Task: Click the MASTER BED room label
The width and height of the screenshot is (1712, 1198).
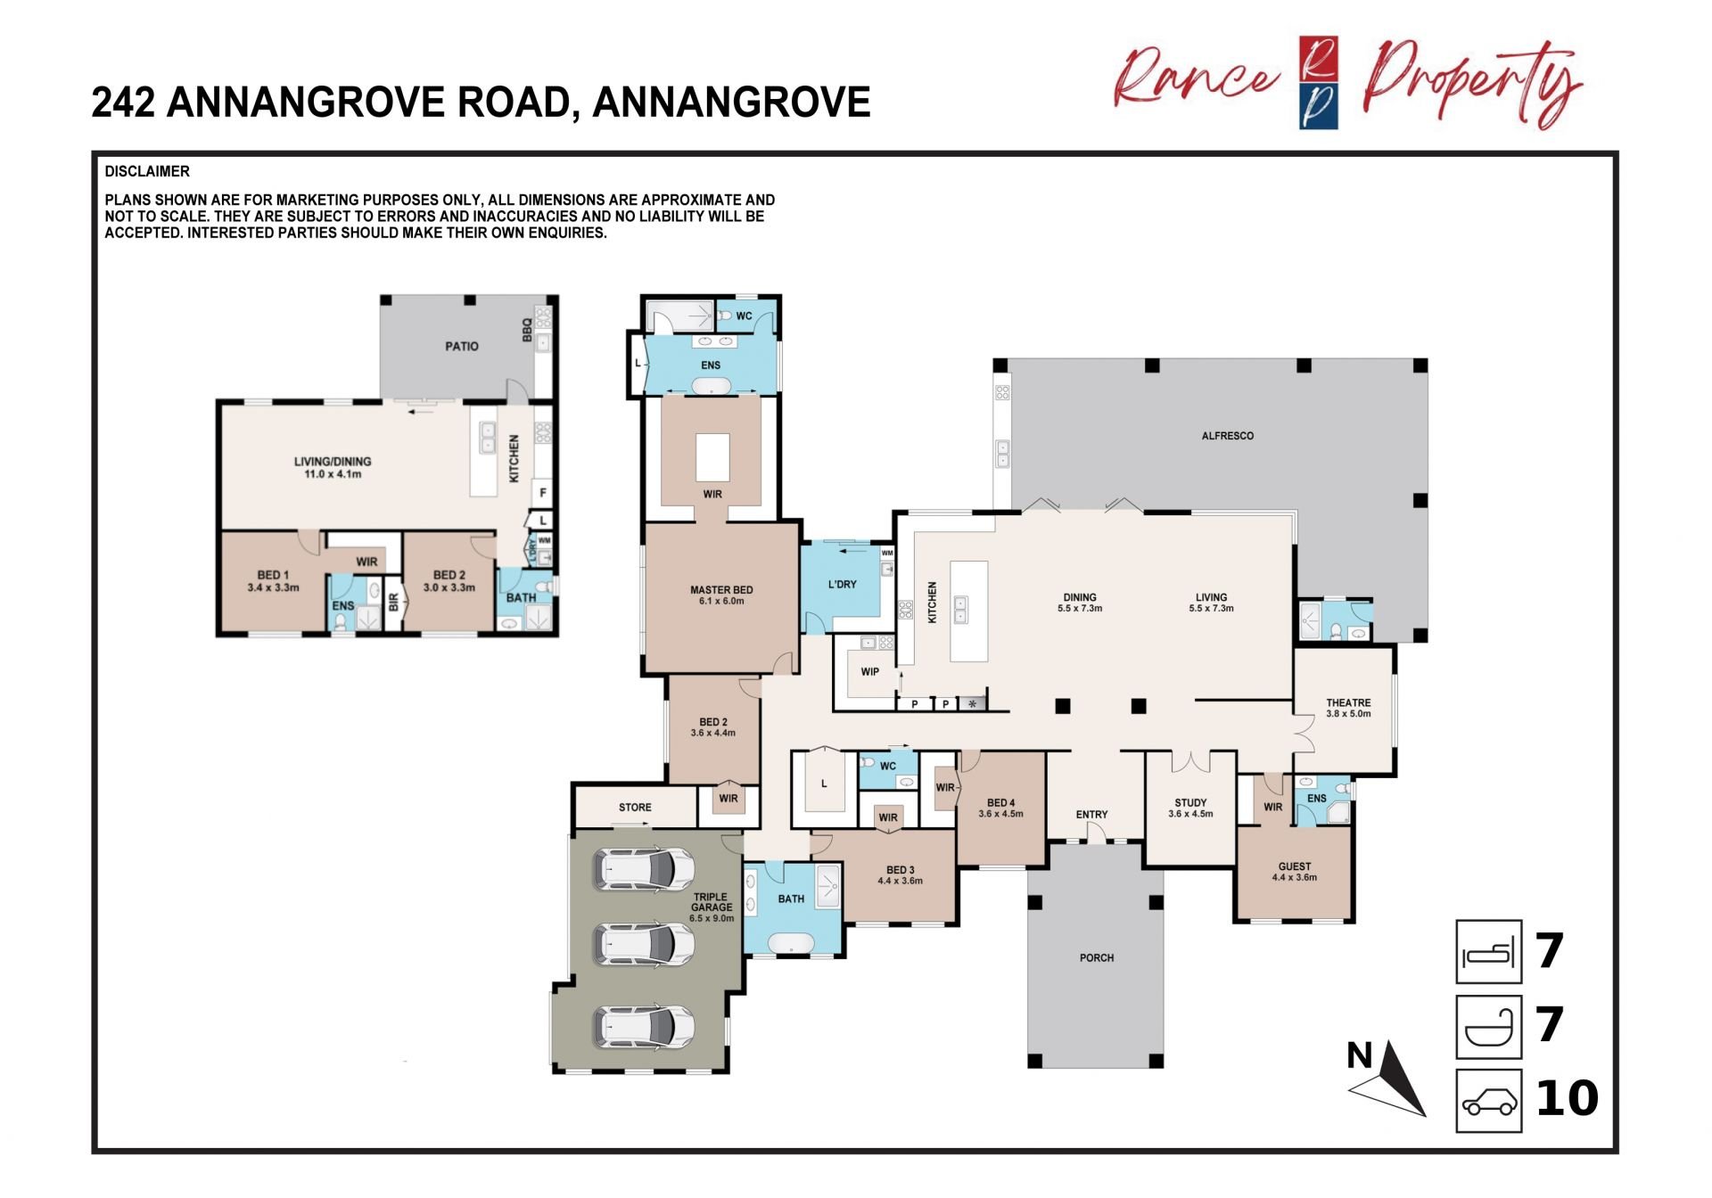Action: (721, 590)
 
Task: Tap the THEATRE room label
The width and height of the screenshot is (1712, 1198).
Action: (1348, 702)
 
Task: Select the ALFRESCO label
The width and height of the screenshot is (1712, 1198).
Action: (1228, 436)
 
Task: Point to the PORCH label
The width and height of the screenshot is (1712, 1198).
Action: (1097, 958)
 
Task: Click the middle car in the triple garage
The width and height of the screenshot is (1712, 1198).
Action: (645, 945)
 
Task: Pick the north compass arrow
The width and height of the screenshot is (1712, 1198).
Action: (1392, 1080)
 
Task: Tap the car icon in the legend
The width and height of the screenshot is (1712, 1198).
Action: (1489, 1102)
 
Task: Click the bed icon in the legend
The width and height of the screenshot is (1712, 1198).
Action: (1489, 952)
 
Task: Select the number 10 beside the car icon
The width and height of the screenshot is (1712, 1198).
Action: (1568, 1099)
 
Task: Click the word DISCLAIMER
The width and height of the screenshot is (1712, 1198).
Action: (147, 171)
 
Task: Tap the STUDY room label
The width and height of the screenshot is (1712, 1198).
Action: (1190, 802)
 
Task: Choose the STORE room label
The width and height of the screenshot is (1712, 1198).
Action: (635, 808)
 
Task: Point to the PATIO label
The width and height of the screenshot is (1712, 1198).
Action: (462, 346)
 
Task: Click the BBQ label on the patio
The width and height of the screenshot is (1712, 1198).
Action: (527, 330)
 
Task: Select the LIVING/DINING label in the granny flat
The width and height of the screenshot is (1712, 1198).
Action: (333, 462)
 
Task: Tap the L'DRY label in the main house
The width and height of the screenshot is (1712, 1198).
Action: (842, 585)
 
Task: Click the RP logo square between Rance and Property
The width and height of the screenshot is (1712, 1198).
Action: (1319, 83)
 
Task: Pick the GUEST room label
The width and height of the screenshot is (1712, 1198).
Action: (1295, 866)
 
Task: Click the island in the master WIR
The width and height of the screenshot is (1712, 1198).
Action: (712, 457)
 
